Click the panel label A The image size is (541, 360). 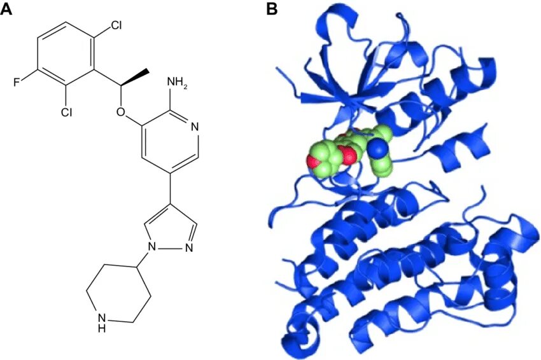point(7,9)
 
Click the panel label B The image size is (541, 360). point(271,9)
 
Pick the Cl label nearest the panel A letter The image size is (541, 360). point(116,26)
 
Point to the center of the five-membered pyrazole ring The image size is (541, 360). point(170,229)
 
